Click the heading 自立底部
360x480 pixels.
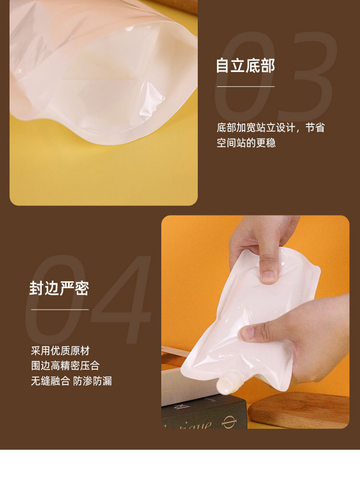(x=245, y=66)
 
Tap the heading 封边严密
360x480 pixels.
(x=59, y=288)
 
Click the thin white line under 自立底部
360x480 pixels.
(x=245, y=86)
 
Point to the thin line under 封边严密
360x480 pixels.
(x=60, y=310)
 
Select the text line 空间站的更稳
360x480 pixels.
(x=246, y=143)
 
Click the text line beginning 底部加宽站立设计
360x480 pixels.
(x=270, y=128)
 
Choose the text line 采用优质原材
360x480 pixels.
(x=60, y=350)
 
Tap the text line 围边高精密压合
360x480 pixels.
(x=65, y=366)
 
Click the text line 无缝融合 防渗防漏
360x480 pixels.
(x=71, y=381)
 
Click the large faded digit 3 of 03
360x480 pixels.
(x=307, y=77)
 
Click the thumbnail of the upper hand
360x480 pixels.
(x=268, y=276)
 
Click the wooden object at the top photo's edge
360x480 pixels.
(x=180, y=5)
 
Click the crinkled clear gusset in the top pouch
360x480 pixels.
(x=151, y=101)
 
